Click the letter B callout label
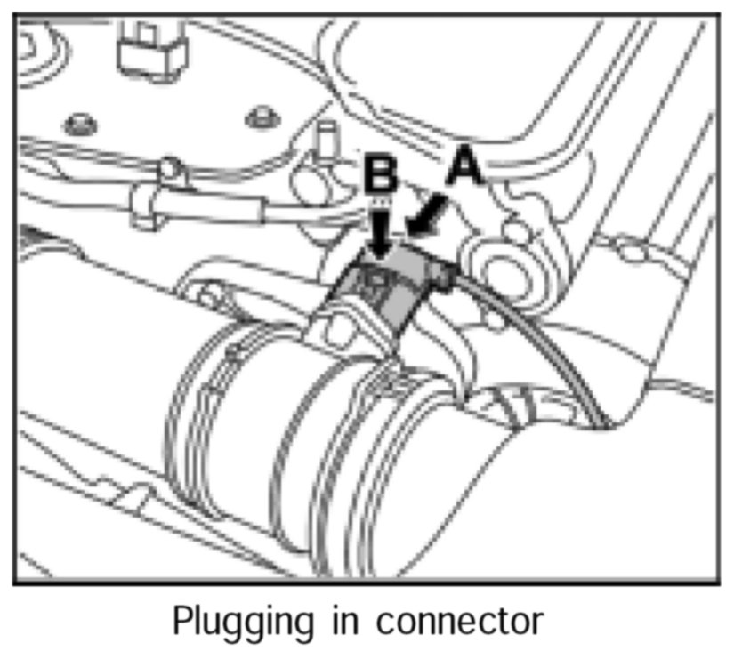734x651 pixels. (381, 175)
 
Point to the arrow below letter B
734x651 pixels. (380, 229)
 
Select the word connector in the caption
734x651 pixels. (458, 622)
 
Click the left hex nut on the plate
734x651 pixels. (78, 122)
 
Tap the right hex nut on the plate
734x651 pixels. (261, 117)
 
